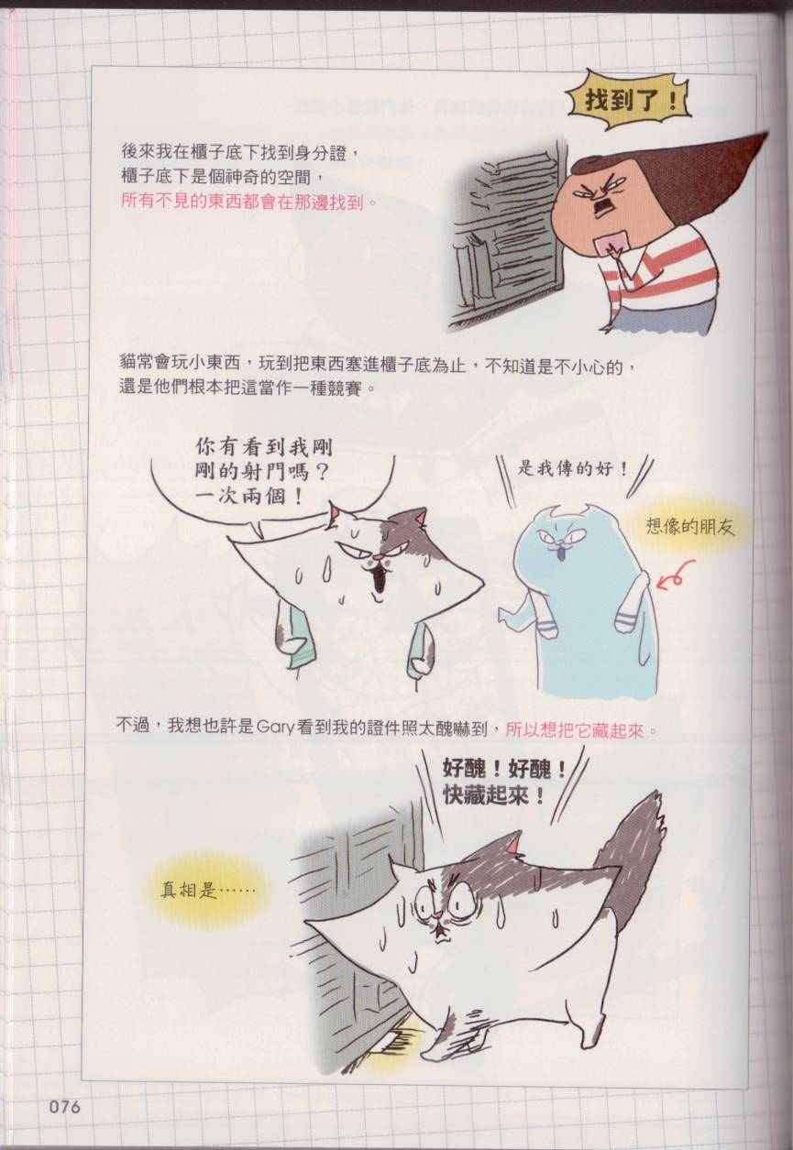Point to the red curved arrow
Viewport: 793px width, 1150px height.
click(x=675, y=576)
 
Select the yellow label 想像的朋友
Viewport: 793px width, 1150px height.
click(x=689, y=527)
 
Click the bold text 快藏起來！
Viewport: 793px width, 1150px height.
click(x=492, y=796)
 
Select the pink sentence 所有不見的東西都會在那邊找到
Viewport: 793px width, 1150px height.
click(x=242, y=201)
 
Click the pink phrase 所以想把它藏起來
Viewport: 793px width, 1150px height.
click(x=574, y=729)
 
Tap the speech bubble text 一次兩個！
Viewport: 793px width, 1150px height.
click(x=248, y=497)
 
